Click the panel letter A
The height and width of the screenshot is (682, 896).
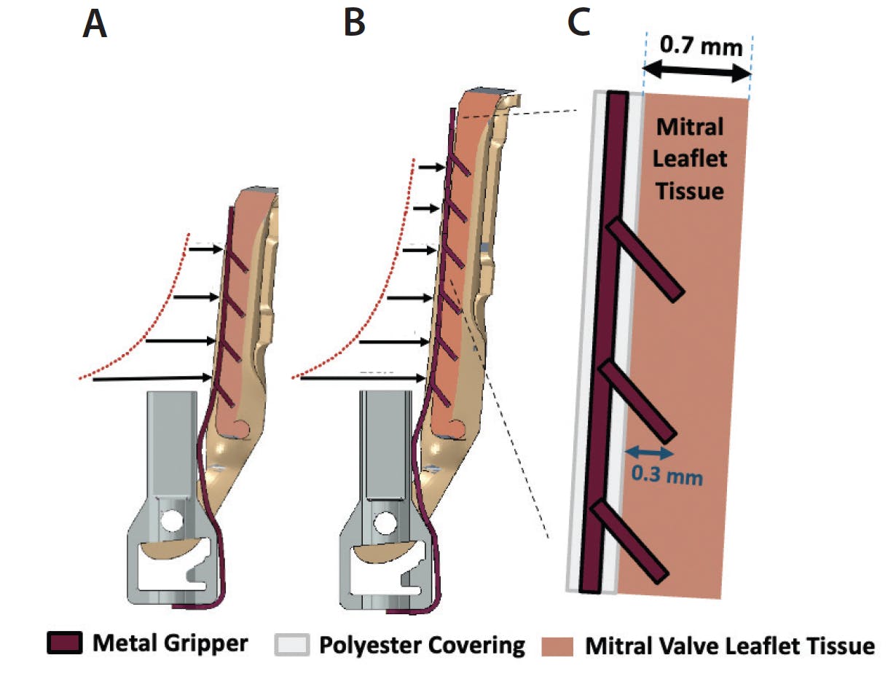point(95,24)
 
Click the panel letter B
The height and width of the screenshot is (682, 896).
point(354,23)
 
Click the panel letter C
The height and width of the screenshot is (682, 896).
point(579,23)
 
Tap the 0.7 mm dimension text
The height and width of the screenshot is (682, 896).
point(701,46)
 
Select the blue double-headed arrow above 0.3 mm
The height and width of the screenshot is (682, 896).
point(650,452)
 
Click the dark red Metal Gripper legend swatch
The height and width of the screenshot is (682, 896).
point(65,643)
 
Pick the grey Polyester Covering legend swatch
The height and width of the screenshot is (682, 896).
point(291,644)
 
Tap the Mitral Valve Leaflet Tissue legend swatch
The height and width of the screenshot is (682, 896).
point(557,647)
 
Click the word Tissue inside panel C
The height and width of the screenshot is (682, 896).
point(689,191)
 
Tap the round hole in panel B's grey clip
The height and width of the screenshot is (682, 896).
point(384,523)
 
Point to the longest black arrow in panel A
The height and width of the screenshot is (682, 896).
point(152,378)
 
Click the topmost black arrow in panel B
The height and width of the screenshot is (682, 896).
point(432,167)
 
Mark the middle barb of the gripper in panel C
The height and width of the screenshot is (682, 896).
point(637,401)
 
